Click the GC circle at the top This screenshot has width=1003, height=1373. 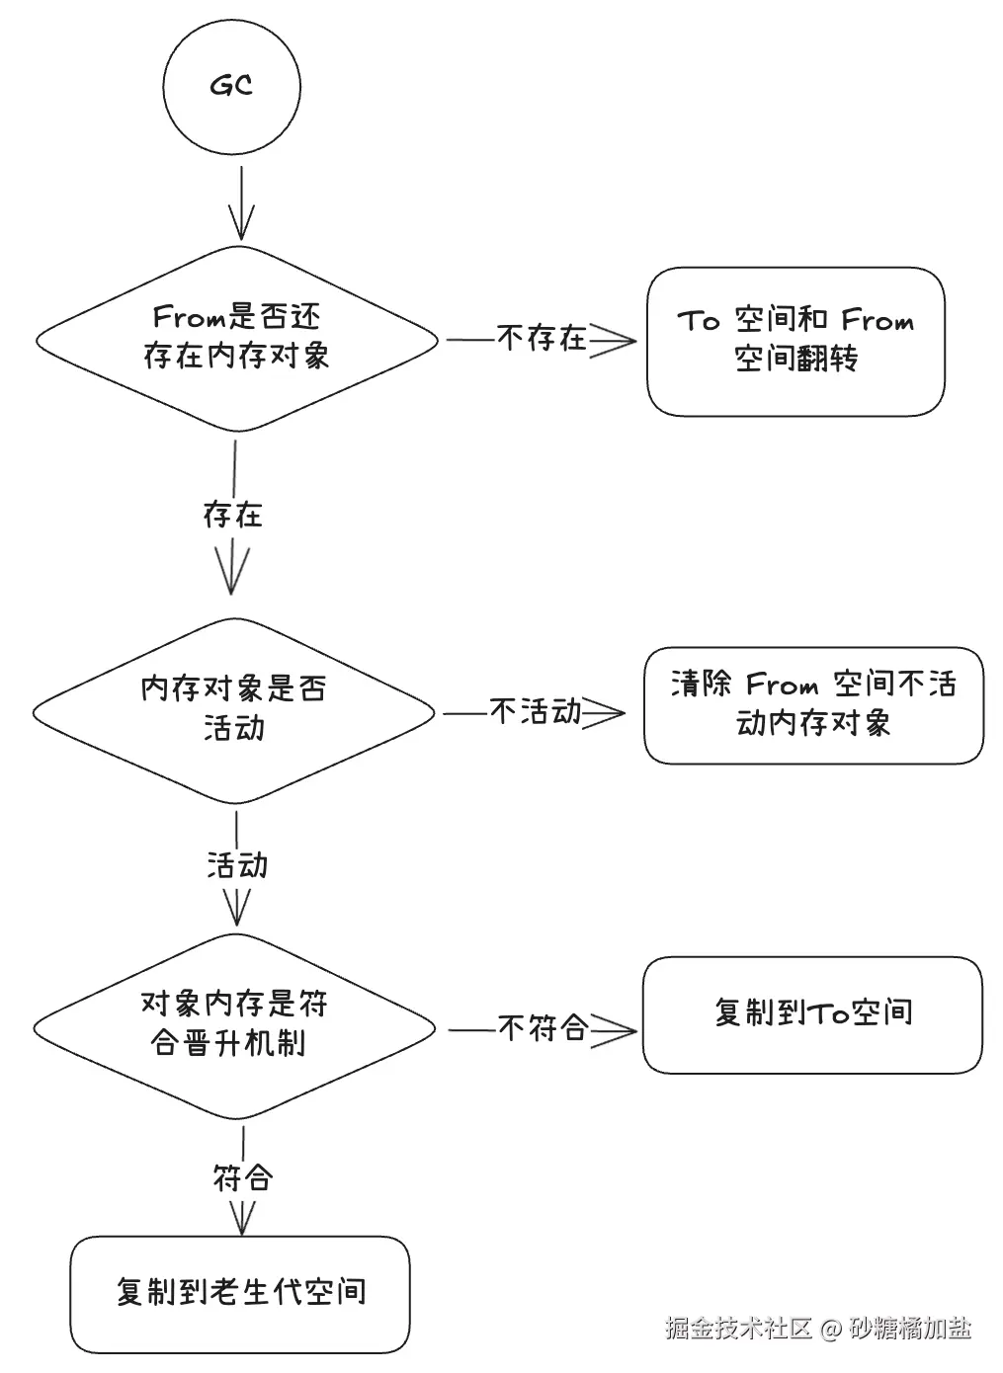pyautogui.click(x=231, y=86)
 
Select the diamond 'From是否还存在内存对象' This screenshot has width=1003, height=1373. pyautogui.click(x=236, y=338)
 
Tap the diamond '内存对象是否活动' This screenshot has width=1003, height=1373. pyautogui.click(x=234, y=709)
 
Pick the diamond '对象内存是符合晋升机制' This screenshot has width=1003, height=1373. pyautogui.click(x=234, y=1024)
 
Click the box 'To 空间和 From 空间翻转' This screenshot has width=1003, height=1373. pyautogui.click(x=795, y=341)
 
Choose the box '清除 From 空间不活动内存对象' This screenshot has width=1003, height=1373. pyautogui.click(x=813, y=704)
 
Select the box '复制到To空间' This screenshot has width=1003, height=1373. pyautogui.click(x=812, y=1013)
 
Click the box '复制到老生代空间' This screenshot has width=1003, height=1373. pyautogui.click(x=240, y=1293)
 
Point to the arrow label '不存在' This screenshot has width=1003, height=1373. pyautogui.click(x=542, y=339)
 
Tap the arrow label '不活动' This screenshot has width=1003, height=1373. pyautogui.click(x=536, y=711)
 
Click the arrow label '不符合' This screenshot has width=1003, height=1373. pyautogui.click(x=543, y=1028)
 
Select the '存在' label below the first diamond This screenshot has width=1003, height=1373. pyautogui.click(x=232, y=515)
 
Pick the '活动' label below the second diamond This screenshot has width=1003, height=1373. pyautogui.click(x=237, y=865)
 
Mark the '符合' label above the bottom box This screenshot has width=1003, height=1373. pyautogui.click(x=242, y=1177)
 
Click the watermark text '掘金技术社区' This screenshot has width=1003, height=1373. pyautogui.click(x=737, y=1329)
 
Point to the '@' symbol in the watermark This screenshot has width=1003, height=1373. pyautogui.click(x=830, y=1330)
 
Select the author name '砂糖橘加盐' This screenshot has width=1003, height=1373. pyautogui.click(x=910, y=1329)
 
